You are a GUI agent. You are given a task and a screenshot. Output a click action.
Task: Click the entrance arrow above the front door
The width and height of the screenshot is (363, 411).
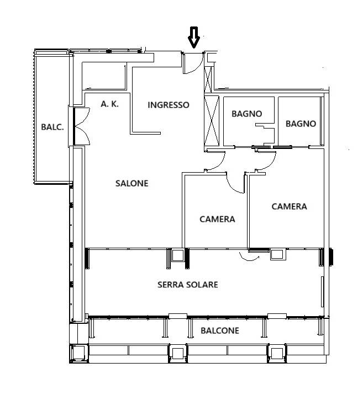194,38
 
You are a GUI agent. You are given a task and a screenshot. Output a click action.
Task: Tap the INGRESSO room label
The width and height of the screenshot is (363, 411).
169,105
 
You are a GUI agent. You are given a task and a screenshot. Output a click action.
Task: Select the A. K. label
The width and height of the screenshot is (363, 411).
110,104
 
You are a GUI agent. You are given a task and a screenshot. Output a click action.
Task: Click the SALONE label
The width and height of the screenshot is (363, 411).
132,183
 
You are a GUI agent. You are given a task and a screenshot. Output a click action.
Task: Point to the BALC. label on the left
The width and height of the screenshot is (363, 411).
52,127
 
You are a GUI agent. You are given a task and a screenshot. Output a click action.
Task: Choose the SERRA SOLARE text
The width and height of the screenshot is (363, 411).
188,285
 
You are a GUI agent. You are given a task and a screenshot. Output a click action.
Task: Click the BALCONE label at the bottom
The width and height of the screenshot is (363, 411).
220,330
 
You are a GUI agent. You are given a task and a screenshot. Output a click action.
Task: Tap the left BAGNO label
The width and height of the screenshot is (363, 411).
247,114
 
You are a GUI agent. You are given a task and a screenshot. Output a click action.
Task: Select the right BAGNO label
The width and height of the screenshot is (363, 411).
301,124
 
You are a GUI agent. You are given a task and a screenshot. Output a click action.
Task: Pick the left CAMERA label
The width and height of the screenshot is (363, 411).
217,219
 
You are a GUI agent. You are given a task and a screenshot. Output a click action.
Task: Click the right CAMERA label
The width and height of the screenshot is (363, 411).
290,206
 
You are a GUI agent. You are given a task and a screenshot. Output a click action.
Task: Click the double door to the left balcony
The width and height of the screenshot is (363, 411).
82,126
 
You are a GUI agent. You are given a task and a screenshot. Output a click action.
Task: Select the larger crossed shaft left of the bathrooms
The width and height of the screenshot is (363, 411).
212,121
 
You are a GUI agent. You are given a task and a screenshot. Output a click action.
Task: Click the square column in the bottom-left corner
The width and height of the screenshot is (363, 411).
79,353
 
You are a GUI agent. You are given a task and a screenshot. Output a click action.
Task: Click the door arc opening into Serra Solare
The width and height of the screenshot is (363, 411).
249,258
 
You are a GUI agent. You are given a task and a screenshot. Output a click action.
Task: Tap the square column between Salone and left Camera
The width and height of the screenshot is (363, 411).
178,255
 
